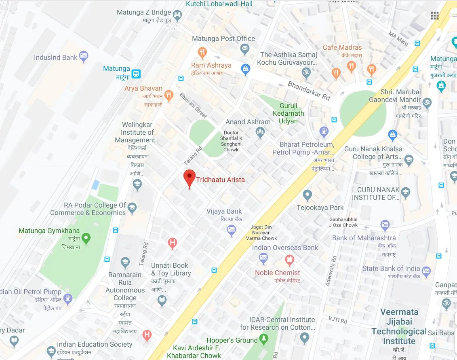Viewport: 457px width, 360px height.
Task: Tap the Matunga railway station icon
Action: pyautogui.click(x=137, y=73)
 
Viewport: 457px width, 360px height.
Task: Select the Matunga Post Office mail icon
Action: pyautogui.click(x=244, y=50)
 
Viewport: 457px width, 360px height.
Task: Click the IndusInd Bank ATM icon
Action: pyautogui.click(x=84, y=57)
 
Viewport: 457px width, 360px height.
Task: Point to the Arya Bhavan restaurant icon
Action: pyautogui.click(x=169, y=95)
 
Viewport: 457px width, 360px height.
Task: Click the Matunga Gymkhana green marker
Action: pyautogui.click(x=86, y=238)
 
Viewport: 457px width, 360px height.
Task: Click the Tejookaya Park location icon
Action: pyautogui.click(x=307, y=195)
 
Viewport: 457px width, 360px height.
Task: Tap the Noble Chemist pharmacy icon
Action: pyautogui.click(x=289, y=260)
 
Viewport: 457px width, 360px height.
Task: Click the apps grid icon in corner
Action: pyautogui.click(x=434, y=16)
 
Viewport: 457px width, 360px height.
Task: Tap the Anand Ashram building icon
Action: pyautogui.click(x=260, y=131)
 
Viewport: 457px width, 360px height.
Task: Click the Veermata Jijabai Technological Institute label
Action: pyautogui.click(x=399, y=326)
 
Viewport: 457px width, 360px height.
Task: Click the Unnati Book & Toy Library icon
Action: pyautogui.click(x=162, y=300)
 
